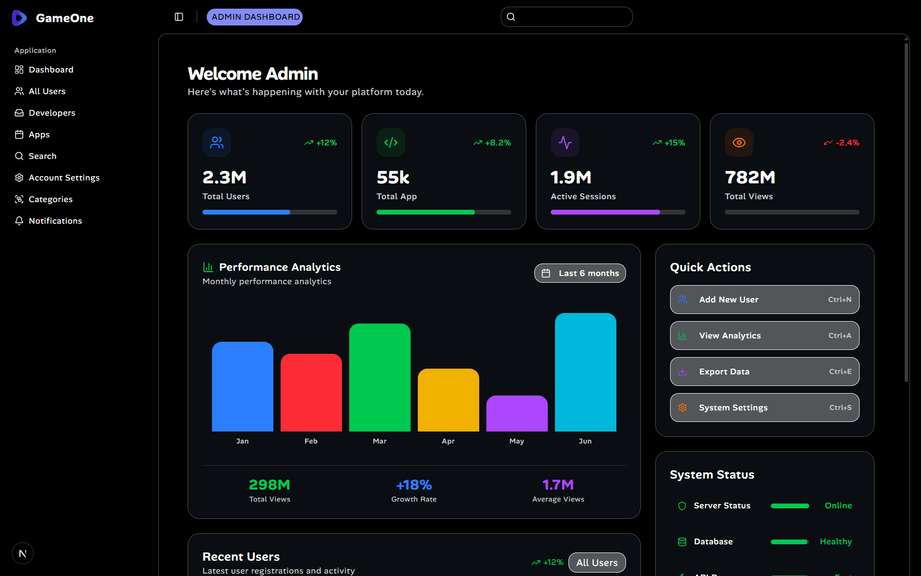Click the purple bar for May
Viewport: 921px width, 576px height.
pyautogui.click(x=517, y=413)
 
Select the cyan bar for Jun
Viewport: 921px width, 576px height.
pyautogui.click(x=585, y=372)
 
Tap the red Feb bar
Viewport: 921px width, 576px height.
pyautogui.click(x=311, y=393)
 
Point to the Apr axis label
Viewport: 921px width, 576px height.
pyautogui.click(x=448, y=441)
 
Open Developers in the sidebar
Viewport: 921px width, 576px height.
pyautogui.click(x=52, y=113)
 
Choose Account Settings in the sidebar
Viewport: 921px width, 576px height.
pyautogui.click(x=64, y=178)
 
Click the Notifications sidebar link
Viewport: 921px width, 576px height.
pyautogui.click(x=55, y=221)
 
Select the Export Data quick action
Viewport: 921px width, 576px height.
pyautogui.click(x=764, y=372)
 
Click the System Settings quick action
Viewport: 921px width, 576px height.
pyautogui.click(x=764, y=408)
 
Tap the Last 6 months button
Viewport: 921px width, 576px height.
pyautogui.click(x=579, y=273)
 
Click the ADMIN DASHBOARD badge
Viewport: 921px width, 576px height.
pyautogui.click(x=255, y=17)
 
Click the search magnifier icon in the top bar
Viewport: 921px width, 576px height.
pyautogui.click(x=511, y=17)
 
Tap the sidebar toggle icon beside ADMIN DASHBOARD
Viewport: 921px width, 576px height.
pyautogui.click(x=179, y=17)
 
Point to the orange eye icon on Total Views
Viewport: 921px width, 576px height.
pyautogui.click(x=739, y=143)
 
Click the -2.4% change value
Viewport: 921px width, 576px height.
pyautogui.click(x=847, y=143)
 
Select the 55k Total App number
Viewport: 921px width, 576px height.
pyautogui.click(x=393, y=178)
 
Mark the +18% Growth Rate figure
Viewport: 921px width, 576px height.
pyautogui.click(x=414, y=485)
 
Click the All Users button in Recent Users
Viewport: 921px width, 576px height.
pyautogui.click(x=597, y=563)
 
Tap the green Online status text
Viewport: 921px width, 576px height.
pyautogui.click(x=838, y=505)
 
